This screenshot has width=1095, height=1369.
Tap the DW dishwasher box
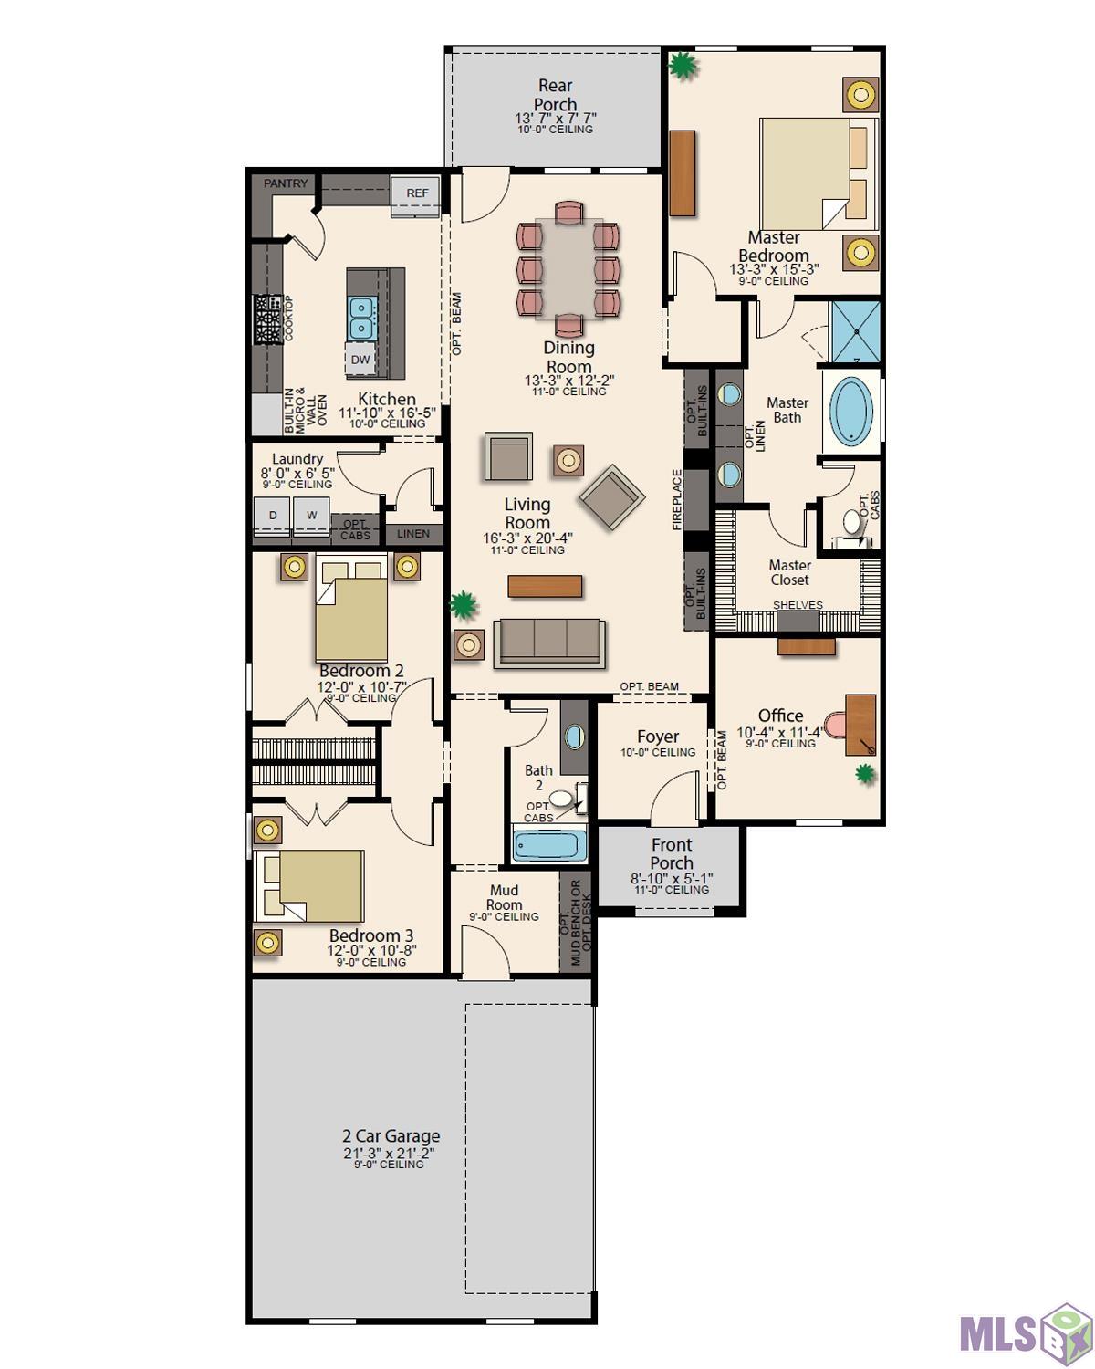[x=360, y=360]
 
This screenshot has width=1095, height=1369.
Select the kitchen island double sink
[x=361, y=318]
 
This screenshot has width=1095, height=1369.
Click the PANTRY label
[x=285, y=183]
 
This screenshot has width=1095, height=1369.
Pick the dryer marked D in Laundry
[x=272, y=517]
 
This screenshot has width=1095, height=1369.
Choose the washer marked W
[x=311, y=517]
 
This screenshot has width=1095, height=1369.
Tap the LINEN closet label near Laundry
[x=413, y=534]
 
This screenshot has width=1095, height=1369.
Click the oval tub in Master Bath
[x=852, y=411]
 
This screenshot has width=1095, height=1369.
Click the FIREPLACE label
[x=677, y=499]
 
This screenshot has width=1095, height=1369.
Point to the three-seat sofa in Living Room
[x=549, y=643]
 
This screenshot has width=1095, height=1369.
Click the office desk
[x=860, y=725]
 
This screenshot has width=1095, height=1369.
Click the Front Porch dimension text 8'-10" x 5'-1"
[x=672, y=879]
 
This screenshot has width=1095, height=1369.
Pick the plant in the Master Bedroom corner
[x=683, y=66]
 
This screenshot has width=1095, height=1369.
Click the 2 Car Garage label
[x=391, y=1136]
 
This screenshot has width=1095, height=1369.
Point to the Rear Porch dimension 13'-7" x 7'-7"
[x=556, y=119]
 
